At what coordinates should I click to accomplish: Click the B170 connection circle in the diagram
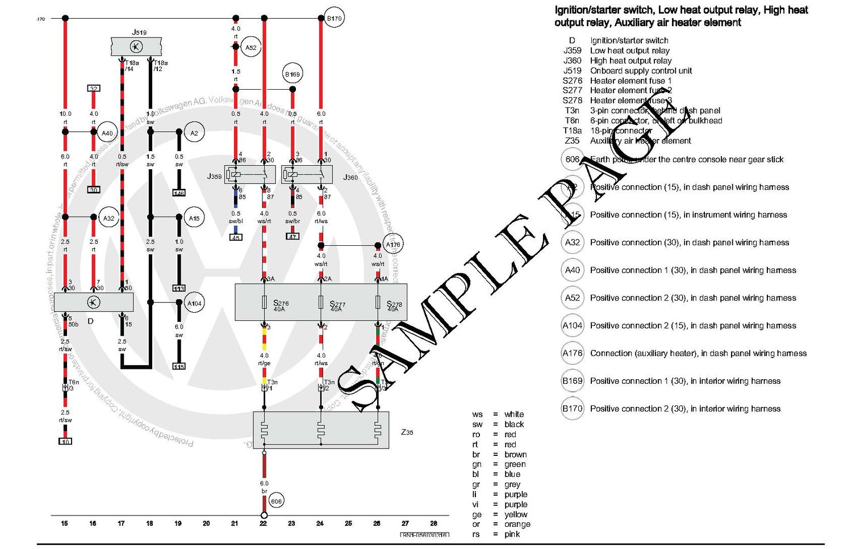[x=334, y=18]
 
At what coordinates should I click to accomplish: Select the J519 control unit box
[x=136, y=47]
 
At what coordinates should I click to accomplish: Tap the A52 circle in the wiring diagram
[x=250, y=48]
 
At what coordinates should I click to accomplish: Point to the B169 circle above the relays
[x=292, y=74]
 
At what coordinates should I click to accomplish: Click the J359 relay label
[x=214, y=177]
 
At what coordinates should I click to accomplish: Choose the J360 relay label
[x=350, y=178]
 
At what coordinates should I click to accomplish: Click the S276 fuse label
[x=281, y=304]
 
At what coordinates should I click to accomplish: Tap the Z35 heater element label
[x=407, y=432]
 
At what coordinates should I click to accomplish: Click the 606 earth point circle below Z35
[x=276, y=501]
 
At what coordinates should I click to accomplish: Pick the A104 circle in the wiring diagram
[x=194, y=303]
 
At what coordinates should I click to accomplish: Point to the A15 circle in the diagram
[x=194, y=218]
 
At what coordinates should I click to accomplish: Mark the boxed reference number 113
[x=179, y=288]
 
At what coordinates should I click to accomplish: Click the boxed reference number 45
[x=236, y=237]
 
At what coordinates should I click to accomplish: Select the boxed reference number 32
[x=94, y=89]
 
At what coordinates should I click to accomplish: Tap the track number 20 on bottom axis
[x=206, y=523]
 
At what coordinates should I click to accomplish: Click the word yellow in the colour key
[x=516, y=514]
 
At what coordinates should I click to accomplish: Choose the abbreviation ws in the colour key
[x=477, y=414]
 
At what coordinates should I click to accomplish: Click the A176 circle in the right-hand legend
[x=573, y=353]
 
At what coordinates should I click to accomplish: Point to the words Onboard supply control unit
[x=641, y=71]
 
